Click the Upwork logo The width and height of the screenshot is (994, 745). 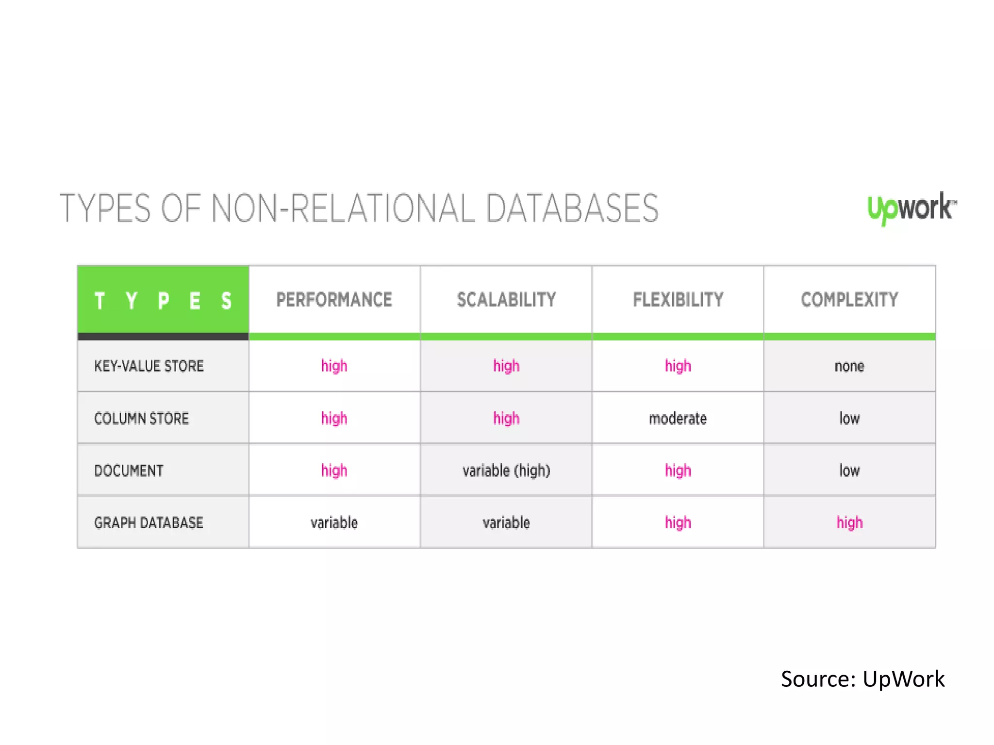pos(911,208)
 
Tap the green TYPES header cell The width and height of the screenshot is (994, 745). pos(163,300)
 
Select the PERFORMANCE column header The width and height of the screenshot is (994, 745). pos(334,300)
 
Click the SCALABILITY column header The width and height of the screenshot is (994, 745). pos(506,300)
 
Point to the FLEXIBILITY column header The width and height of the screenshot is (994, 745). pos(678,300)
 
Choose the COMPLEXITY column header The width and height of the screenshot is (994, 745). pos(849,300)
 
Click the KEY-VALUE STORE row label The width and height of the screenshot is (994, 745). pos(149,366)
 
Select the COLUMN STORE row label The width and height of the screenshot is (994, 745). pos(142,419)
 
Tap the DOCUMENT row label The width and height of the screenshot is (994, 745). pos(129,471)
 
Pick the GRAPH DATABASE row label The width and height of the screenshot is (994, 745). pos(149,523)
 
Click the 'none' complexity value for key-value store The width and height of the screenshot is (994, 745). pos(849,366)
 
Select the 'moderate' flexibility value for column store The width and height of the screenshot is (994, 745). pos(678,419)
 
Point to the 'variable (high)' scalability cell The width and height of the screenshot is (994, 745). pos(506,471)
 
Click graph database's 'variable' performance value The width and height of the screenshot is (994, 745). pos(334,523)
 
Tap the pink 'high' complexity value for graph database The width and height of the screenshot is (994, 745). pos(849,523)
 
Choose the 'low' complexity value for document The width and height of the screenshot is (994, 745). pos(849,471)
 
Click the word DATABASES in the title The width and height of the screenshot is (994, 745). pos(572,209)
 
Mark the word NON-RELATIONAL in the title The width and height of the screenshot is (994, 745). pos(343,209)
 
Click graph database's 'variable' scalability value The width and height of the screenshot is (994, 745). pos(506,523)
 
